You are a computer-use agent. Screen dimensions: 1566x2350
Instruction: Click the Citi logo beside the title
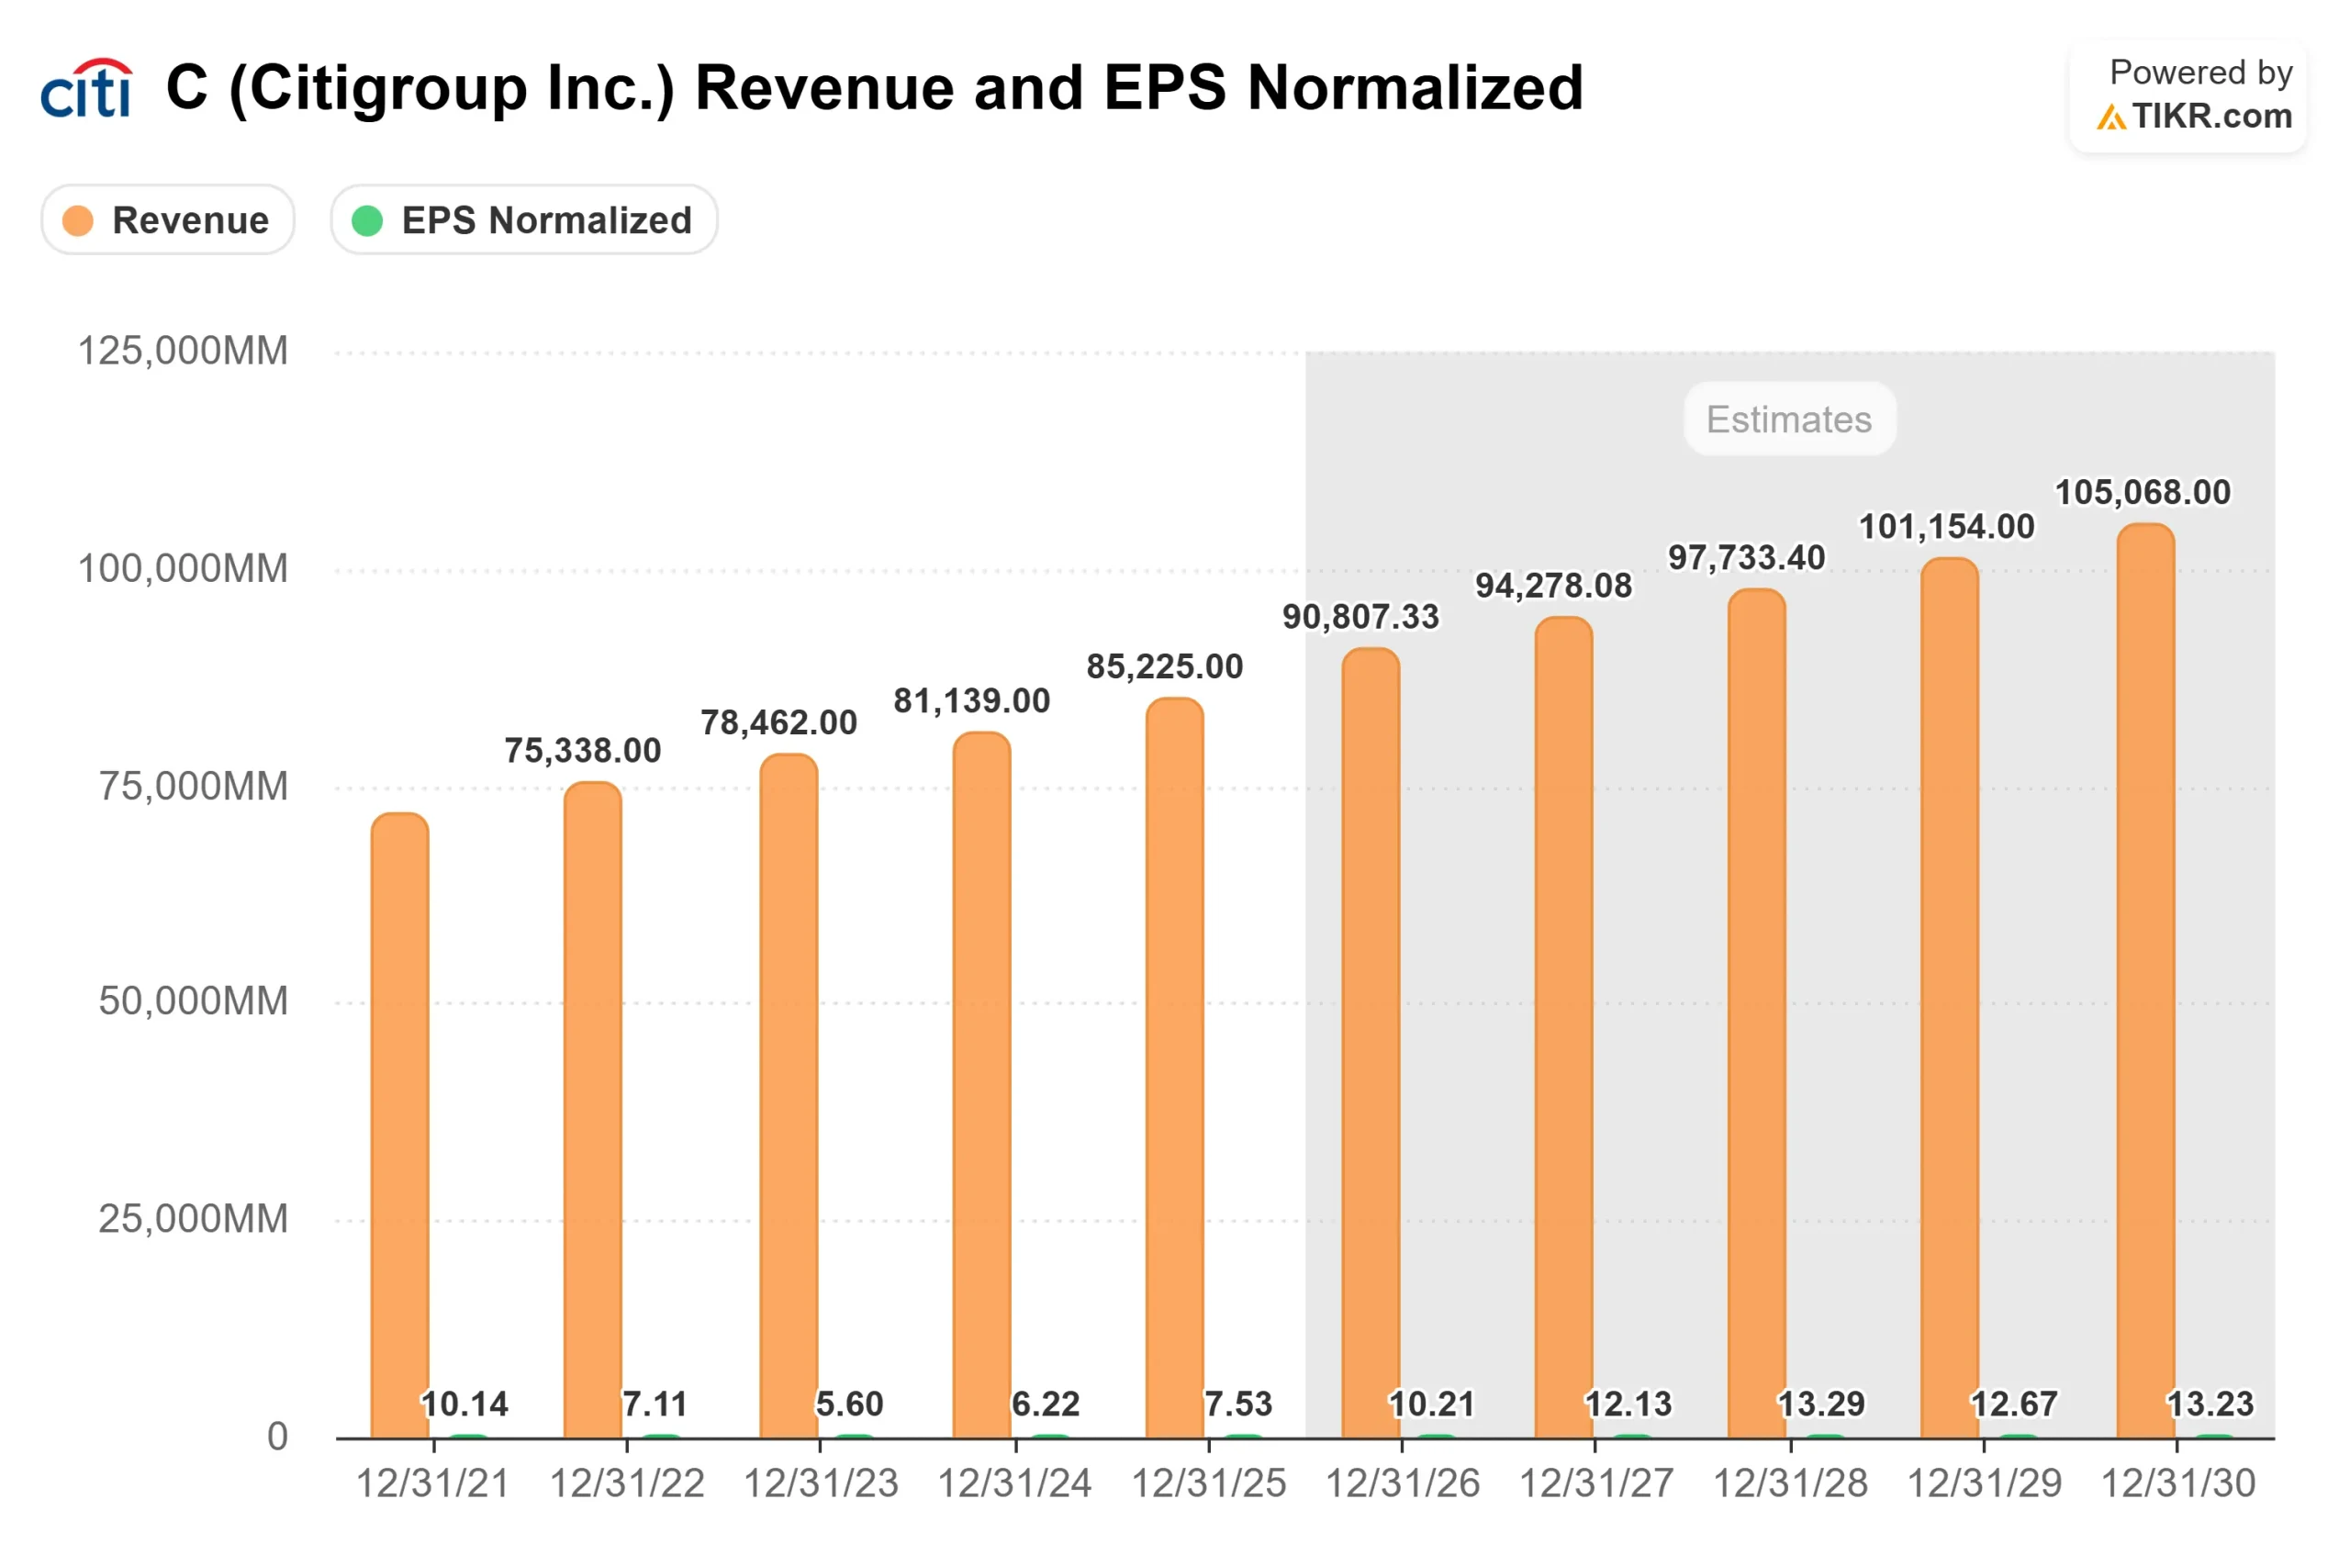pyautogui.click(x=86, y=88)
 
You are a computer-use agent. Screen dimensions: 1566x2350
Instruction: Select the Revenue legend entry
pyautogui.click(x=168, y=219)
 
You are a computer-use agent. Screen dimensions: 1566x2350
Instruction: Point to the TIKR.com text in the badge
pyautogui.click(x=2211, y=116)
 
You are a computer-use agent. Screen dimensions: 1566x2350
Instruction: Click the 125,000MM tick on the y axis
pyautogui.click(x=183, y=351)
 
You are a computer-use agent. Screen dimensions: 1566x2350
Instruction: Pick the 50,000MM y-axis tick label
pyautogui.click(x=193, y=1001)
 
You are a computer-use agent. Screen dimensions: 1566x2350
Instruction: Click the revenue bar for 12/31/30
pyautogui.click(x=2144, y=979)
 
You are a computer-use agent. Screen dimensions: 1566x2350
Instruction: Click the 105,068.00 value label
pyautogui.click(x=2142, y=492)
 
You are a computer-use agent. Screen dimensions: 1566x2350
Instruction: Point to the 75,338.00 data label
pyautogui.click(x=582, y=750)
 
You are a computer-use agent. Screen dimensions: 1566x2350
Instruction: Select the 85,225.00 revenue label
pyautogui.click(x=1165, y=666)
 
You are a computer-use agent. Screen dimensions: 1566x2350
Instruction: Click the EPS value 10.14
pyautogui.click(x=464, y=1404)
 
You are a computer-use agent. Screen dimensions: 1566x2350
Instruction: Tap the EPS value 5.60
pyautogui.click(x=849, y=1404)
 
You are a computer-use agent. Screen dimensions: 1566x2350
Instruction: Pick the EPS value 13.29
pyautogui.click(x=1820, y=1404)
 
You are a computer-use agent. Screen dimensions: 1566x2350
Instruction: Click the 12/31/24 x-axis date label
pyautogui.click(x=1014, y=1484)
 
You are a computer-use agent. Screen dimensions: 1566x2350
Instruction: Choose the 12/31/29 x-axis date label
pyautogui.click(x=1984, y=1484)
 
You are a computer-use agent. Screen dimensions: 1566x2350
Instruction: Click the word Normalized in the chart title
pyautogui.click(x=1415, y=88)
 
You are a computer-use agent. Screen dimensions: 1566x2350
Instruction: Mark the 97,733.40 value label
pyautogui.click(x=1746, y=557)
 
